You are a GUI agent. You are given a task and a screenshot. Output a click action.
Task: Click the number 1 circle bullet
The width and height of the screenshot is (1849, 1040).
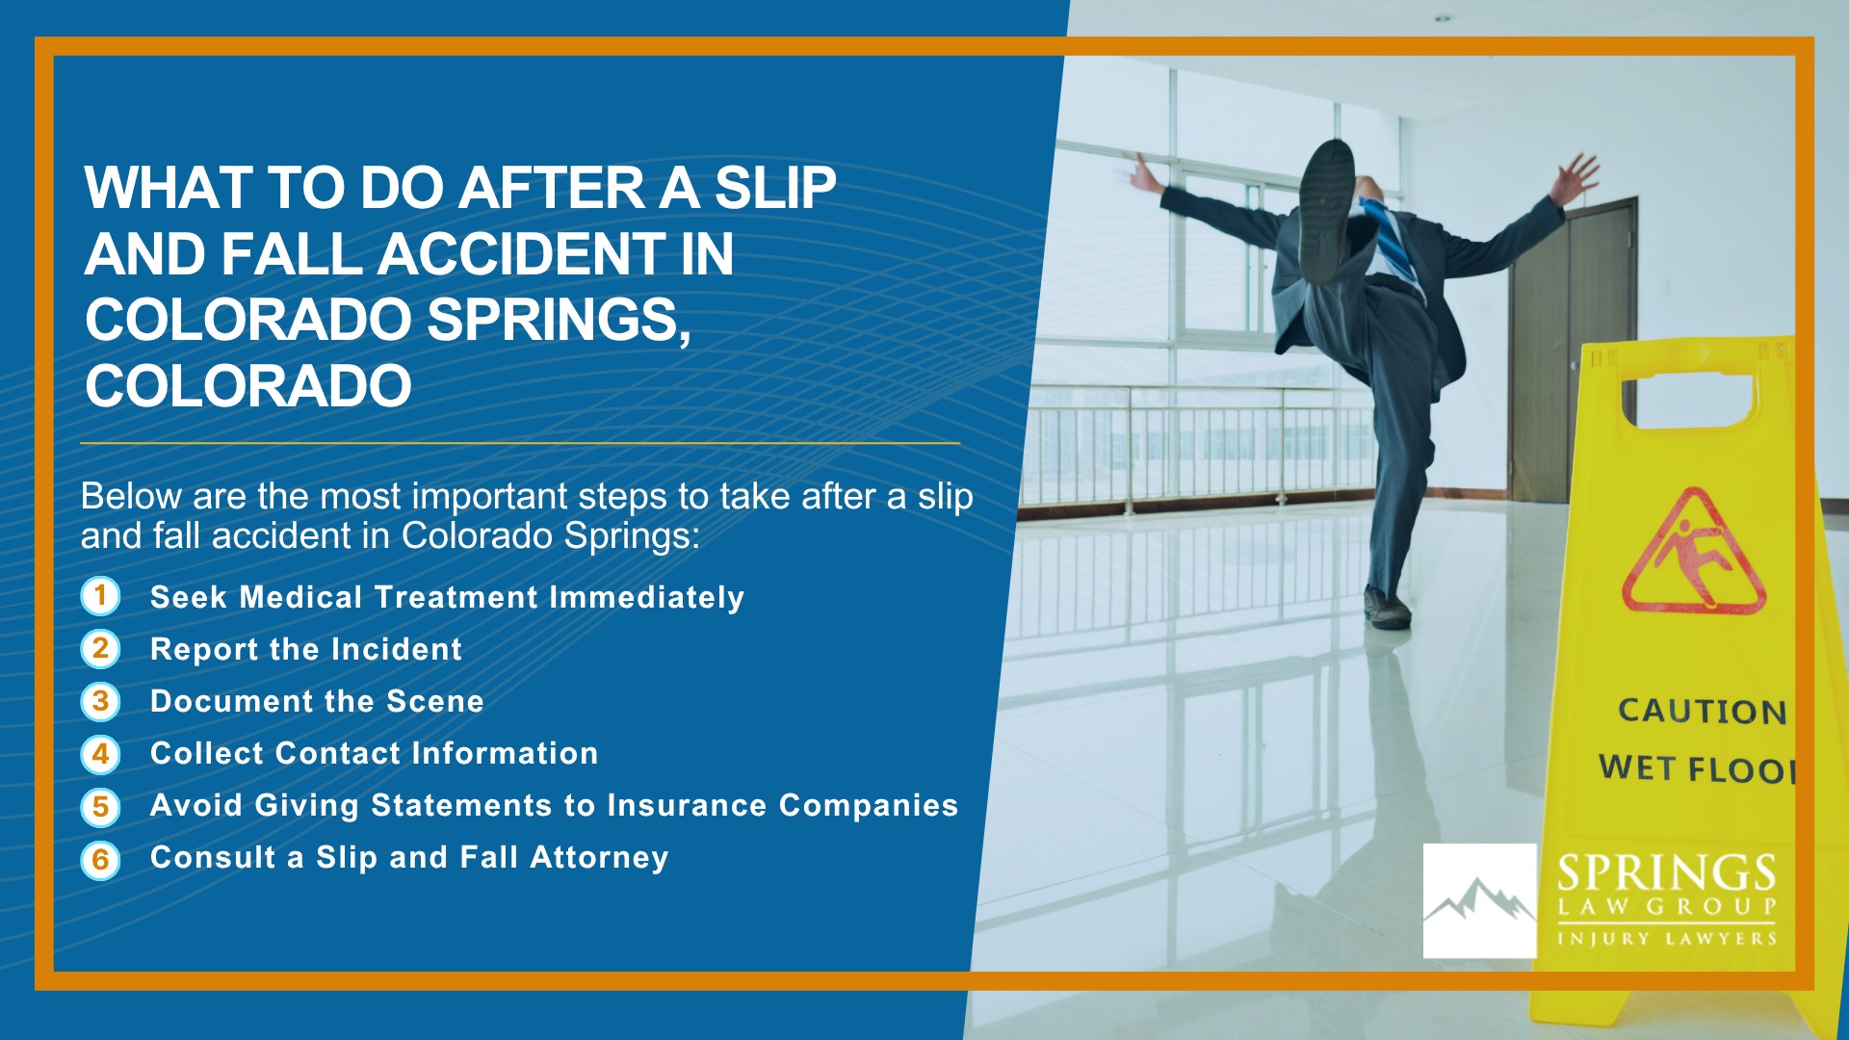pos(100,596)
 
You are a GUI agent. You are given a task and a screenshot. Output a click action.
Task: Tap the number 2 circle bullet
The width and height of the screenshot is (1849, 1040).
pos(100,649)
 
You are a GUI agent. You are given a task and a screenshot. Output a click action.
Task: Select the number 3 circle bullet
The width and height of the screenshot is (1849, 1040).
pos(100,701)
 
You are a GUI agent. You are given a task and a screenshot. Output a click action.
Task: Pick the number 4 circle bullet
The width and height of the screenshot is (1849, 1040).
pos(100,754)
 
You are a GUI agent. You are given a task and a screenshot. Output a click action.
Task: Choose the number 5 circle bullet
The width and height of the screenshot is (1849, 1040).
pos(100,807)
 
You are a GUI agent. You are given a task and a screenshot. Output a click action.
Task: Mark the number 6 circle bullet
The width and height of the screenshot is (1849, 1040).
pos(100,860)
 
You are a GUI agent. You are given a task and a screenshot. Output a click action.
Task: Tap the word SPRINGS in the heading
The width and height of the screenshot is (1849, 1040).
pos(558,320)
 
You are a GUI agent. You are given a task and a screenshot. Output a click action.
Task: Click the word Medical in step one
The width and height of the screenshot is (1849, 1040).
pos(301,597)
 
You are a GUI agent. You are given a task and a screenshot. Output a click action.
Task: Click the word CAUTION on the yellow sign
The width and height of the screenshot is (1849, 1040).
pos(1702,711)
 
